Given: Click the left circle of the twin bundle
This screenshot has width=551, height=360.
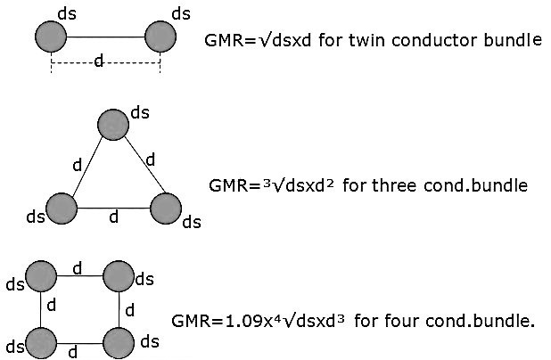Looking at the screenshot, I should pos(52,37).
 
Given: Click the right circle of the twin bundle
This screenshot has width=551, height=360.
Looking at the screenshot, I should pos(161,37).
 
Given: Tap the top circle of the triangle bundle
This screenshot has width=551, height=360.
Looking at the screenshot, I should pos(113,124).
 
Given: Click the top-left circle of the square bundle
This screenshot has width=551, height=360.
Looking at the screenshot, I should pos(42,277).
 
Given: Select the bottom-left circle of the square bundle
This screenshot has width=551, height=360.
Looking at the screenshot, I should pos(42,341).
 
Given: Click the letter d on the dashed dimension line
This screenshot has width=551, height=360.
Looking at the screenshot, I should pos(98,62).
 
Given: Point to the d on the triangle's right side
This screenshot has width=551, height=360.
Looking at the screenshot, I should pos(150,160).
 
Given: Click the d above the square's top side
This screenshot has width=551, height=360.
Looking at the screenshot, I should pos(78,266).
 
